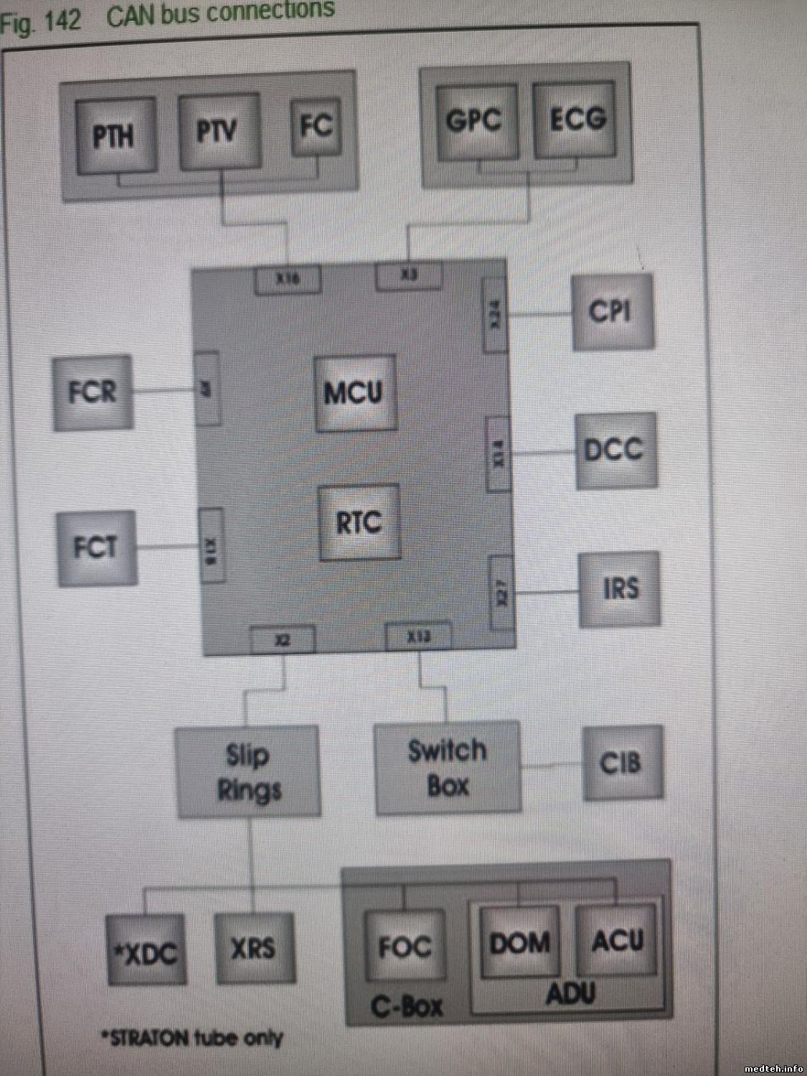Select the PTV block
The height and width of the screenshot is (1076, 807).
click(x=219, y=132)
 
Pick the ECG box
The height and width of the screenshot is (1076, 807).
click(x=576, y=119)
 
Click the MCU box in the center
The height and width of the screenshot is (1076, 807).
click(x=355, y=392)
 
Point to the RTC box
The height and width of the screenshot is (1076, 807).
click(x=359, y=523)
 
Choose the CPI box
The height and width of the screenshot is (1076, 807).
click(x=612, y=311)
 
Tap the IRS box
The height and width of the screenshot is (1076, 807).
click(x=619, y=588)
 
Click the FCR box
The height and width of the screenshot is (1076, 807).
click(x=93, y=392)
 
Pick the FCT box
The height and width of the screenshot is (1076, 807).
click(x=96, y=548)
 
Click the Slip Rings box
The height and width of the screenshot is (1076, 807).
click(x=248, y=772)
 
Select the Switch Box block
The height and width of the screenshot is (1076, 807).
click(x=448, y=768)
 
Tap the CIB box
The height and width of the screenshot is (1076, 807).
click(x=622, y=763)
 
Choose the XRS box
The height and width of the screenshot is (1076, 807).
click(x=255, y=948)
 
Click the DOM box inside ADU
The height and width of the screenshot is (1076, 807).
click(x=519, y=942)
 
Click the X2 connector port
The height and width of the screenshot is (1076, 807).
click(x=283, y=639)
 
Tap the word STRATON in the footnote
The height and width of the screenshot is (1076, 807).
click(x=151, y=1038)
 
